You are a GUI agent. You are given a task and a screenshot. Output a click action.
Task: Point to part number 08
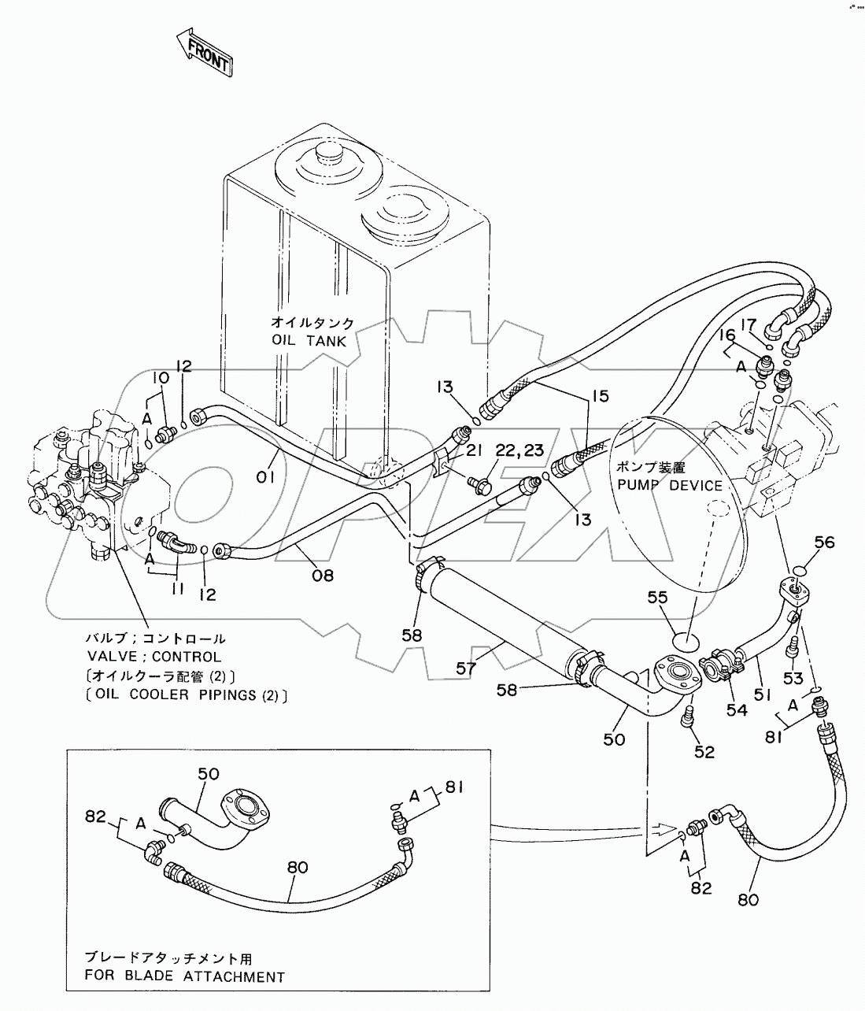tap(321, 575)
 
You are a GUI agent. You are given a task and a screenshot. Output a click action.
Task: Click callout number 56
tap(823, 543)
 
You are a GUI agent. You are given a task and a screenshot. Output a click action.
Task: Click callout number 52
tap(704, 751)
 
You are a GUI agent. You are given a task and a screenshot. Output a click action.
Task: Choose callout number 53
tap(793, 679)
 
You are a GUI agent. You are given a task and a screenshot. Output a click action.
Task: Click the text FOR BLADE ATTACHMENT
tap(186, 977)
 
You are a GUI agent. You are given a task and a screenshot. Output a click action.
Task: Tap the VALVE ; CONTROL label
tap(153, 657)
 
